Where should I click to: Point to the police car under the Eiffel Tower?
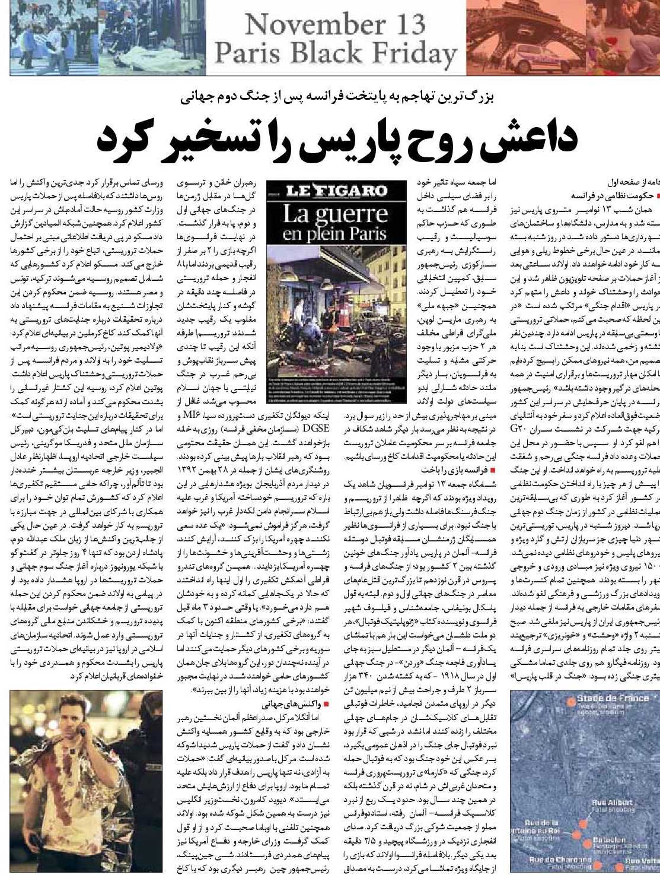(x=534, y=60)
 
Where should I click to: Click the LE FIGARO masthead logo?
(x=336, y=191)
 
